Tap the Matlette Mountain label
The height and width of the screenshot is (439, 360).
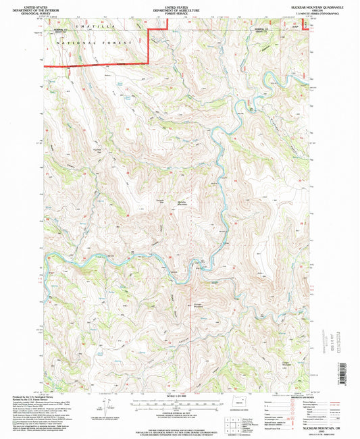181,201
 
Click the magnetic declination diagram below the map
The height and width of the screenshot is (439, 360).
105,407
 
